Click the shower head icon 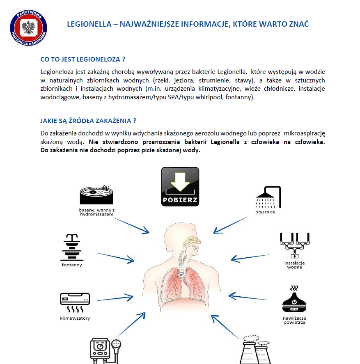tap(268, 197)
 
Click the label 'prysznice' tap(265, 212)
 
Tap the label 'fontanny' tap(72, 265)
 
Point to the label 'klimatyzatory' tap(75, 318)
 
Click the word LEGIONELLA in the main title tap(88, 24)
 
